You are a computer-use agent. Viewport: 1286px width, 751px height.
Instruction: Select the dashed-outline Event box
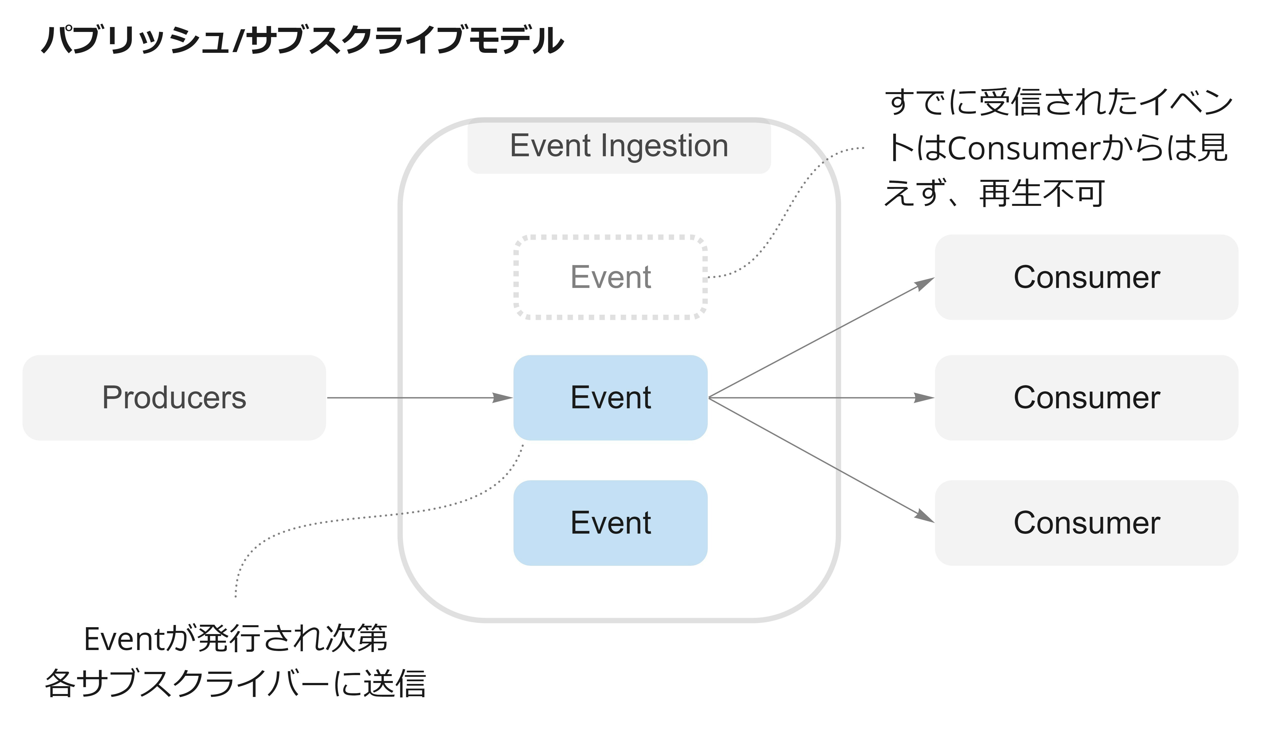coord(610,277)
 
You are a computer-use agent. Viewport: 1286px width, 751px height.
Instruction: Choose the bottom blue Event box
coord(610,523)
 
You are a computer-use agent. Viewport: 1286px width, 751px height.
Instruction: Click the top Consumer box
coord(1086,277)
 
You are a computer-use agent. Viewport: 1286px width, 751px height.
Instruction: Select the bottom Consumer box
coord(1086,523)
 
